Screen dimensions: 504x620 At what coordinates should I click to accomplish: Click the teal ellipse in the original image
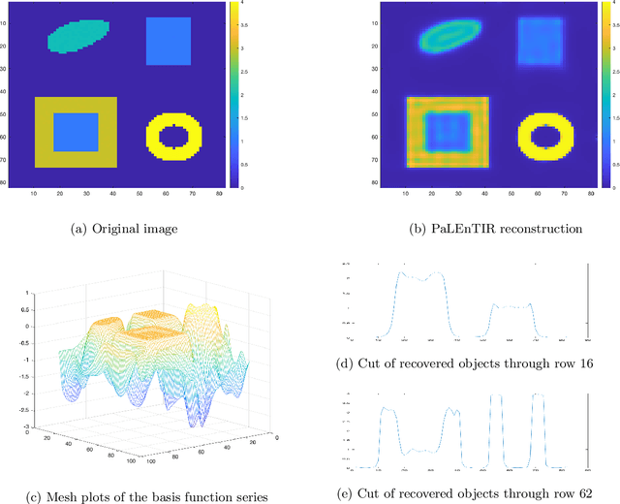tap(78, 36)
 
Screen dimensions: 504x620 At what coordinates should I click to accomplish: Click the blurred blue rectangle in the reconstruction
tap(540, 41)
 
